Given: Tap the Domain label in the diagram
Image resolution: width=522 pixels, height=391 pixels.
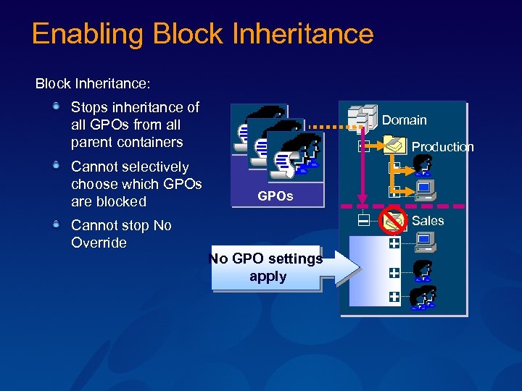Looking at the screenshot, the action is point(404,120).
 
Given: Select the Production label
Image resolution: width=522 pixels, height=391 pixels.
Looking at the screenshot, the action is point(442,147).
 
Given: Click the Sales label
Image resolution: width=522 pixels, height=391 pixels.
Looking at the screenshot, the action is point(427,221).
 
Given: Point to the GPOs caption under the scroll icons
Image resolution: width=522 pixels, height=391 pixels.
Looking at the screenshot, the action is point(275,196).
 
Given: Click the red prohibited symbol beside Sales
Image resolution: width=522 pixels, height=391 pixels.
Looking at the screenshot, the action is point(394,217).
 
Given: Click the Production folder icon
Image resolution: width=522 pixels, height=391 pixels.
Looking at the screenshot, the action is point(396,146).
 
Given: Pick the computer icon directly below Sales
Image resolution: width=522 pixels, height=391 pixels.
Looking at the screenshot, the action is point(424,242).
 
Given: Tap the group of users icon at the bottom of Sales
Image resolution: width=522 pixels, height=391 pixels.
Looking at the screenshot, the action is point(423,298).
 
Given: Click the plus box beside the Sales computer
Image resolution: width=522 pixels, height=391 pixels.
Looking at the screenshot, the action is point(394,244).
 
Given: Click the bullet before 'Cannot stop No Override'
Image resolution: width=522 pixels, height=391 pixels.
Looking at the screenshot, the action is point(56,225).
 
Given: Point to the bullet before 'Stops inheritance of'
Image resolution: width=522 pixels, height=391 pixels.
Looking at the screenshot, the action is point(56,107).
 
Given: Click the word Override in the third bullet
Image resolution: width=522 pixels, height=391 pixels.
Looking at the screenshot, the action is point(99,243).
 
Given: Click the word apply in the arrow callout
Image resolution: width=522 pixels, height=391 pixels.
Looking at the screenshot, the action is point(268,277).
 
